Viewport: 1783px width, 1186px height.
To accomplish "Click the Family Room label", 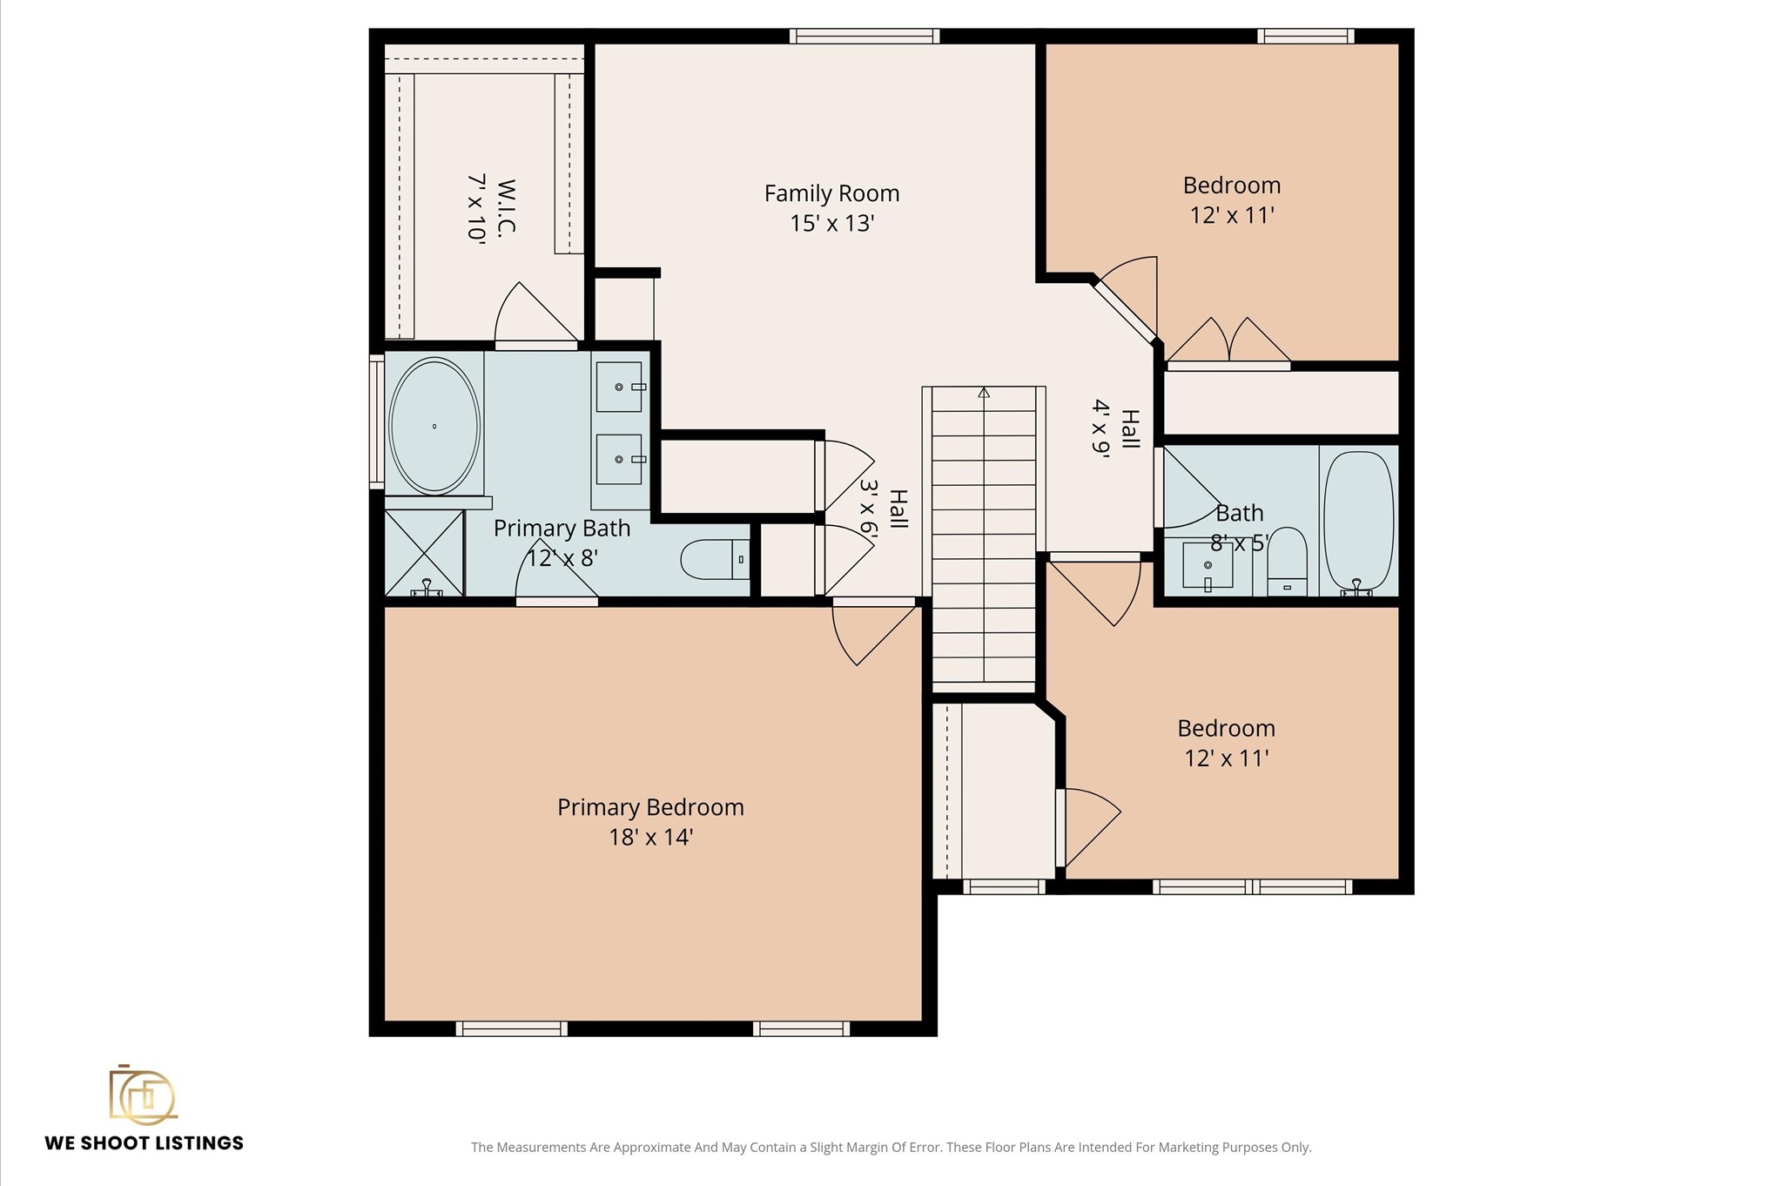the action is [x=831, y=193].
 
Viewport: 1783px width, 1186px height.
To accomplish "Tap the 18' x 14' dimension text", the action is [x=650, y=838].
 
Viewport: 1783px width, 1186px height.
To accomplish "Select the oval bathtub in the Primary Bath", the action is [x=434, y=426].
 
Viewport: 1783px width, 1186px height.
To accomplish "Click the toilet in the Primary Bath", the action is [x=714, y=560].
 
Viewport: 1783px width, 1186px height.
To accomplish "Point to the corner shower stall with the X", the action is [x=424, y=554].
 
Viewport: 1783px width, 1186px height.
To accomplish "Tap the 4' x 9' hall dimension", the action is [x=1101, y=428].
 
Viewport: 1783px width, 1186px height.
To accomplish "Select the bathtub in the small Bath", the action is [x=1359, y=521].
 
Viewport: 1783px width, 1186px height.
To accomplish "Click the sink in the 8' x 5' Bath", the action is [x=1208, y=565].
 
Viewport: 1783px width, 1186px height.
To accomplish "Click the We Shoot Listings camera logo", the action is [x=143, y=1094].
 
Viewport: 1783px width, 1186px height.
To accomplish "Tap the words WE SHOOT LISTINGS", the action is [x=145, y=1143].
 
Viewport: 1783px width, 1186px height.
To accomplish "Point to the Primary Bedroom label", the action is [x=650, y=808].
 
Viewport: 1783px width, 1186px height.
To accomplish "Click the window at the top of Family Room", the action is [x=865, y=36].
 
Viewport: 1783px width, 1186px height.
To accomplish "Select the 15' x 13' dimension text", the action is [x=831, y=224].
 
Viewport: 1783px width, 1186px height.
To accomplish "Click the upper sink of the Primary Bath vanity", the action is [x=619, y=387].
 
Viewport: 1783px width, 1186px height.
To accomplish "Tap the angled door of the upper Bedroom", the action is [x=1125, y=310].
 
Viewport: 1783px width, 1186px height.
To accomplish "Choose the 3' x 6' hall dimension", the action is [x=868, y=507].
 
